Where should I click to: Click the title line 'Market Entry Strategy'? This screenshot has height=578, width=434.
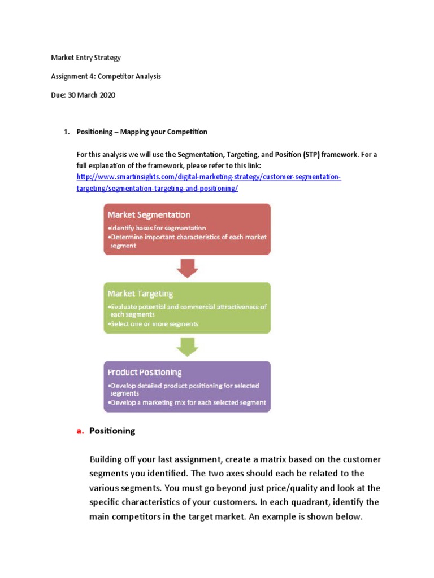tap(86, 58)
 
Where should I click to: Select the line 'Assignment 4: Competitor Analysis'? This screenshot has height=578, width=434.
tap(106, 76)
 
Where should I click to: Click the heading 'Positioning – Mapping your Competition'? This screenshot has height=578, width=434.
tap(142, 132)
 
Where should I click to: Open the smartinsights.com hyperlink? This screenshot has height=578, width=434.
tap(209, 177)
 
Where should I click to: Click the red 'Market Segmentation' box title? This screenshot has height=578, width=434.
tap(149, 215)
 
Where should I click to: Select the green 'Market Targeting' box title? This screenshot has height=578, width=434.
tap(140, 294)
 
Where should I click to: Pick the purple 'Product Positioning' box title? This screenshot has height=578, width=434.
tap(145, 373)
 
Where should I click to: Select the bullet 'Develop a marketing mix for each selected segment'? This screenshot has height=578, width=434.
tap(186, 402)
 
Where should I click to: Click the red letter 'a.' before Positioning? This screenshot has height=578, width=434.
tap(80, 431)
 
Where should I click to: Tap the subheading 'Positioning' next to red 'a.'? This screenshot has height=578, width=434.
tap(112, 431)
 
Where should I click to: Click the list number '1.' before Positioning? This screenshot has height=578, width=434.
tap(66, 132)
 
